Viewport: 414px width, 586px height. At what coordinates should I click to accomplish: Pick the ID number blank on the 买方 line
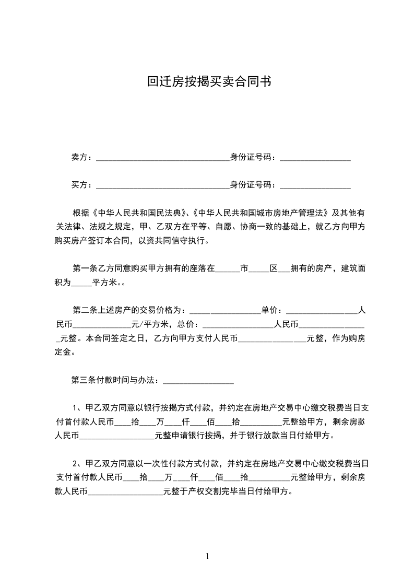point(315,186)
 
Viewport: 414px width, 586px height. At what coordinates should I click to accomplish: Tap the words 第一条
point(84,269)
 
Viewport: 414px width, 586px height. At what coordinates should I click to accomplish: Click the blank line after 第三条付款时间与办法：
point(198,381)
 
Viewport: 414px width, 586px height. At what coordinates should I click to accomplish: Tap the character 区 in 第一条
point(273,269)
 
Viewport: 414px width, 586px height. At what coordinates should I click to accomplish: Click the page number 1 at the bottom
point(207,556)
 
